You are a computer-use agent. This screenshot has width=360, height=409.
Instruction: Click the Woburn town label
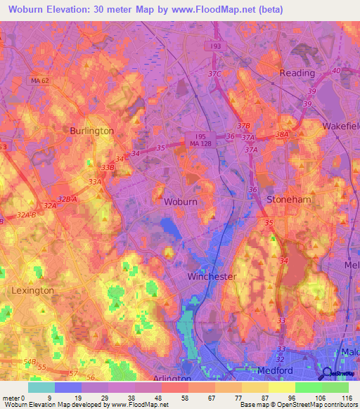tap(180, 202)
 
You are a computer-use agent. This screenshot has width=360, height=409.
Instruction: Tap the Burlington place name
tap(91, 131)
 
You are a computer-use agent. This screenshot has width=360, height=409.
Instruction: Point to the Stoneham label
tap(288, 200)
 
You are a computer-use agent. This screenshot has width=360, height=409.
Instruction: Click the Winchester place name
tap(212, 276)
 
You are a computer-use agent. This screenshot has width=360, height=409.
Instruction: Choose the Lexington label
tap(32, 290)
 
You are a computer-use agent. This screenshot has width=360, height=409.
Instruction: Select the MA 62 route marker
tap(39, 81)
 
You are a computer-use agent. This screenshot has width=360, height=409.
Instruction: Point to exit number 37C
tap(214, 74)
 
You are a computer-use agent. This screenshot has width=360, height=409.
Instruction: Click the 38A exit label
tap(283, 134)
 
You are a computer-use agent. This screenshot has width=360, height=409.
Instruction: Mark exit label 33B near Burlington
tap(107, 168)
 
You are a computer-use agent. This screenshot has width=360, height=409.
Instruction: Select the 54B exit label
tap(30, 361)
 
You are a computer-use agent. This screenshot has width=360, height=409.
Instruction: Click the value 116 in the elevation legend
tap(347, 397)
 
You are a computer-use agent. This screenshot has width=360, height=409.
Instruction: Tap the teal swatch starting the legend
tap(41, 387)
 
